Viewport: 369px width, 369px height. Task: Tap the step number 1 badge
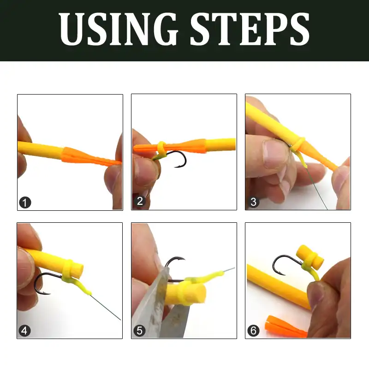point(25,202)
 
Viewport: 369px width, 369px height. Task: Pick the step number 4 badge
point(25,330)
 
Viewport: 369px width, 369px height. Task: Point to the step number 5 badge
point(139,330)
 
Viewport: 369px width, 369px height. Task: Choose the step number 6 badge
point(253,330)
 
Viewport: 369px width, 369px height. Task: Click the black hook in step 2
point(181,159)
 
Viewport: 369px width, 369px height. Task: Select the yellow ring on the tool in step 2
point(162,148)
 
